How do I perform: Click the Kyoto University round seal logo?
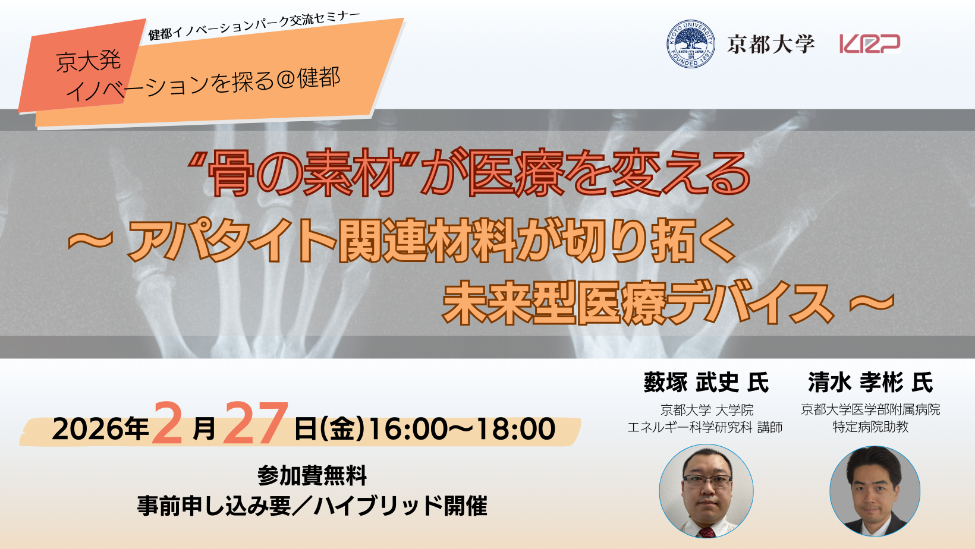[x=690, y=44]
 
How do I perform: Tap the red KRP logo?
[x=870, y=43]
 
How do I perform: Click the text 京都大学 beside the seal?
[x=770, y=44]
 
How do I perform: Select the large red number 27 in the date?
[x=256, y=423]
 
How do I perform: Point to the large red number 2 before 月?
[x=168, y=423]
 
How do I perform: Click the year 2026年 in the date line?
[x=100, y=429]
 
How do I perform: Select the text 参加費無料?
[x=312, y=475]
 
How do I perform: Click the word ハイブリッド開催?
[x=400, y=506]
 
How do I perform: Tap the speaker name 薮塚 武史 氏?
[x=706, y=383]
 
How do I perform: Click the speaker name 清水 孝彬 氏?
[x=870, y=383]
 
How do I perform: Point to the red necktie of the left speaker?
[x=706, y=532]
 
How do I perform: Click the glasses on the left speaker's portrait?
[x=707, y=481]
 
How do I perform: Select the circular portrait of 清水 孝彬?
[x=875, y=491]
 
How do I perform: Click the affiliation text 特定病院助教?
[x=870, y=427]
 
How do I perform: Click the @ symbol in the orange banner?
[x=285, y=81]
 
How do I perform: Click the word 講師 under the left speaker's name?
[x=769, y=428]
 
